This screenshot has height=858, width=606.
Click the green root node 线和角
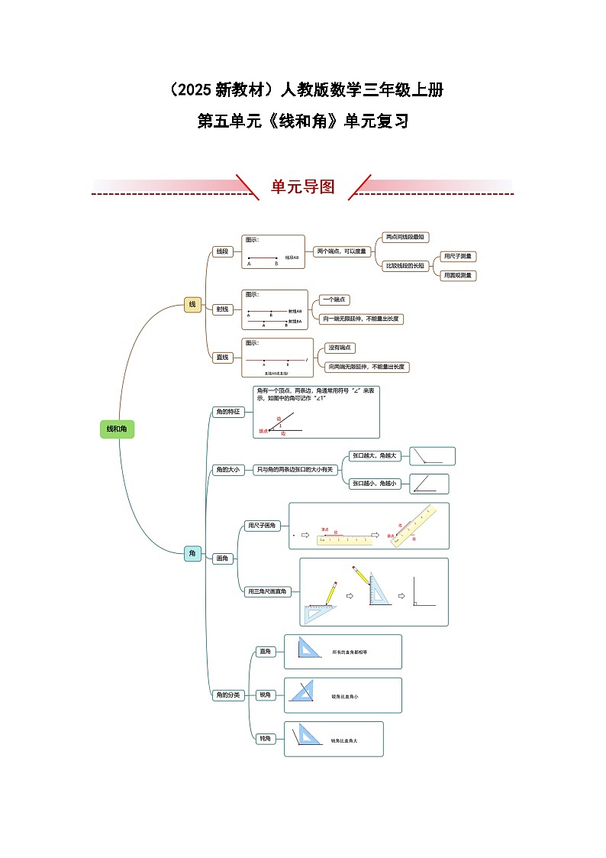pos(117,429)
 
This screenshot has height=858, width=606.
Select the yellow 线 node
pos(192,304)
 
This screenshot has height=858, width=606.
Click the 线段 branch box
pos(222,251)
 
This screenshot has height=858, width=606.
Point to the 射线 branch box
pos(222,309)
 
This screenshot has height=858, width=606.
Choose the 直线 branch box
pos(222,357)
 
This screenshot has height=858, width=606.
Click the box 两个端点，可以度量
pos(341,251)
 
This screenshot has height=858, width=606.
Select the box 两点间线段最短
pos(405,238)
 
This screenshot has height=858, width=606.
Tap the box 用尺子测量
pos(459,257)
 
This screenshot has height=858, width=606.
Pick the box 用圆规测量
pos(459,275)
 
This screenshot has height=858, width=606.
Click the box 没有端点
pos(340,348)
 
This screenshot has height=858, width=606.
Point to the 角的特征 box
pos(227,412)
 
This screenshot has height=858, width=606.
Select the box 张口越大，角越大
pos(374,455)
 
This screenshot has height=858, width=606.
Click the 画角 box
pos(223,559)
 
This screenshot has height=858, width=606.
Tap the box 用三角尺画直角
pos(267,591)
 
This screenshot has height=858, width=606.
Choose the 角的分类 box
pos(227,694)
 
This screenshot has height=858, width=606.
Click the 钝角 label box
pos(265,739)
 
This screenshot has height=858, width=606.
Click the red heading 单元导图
pos(303,187)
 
